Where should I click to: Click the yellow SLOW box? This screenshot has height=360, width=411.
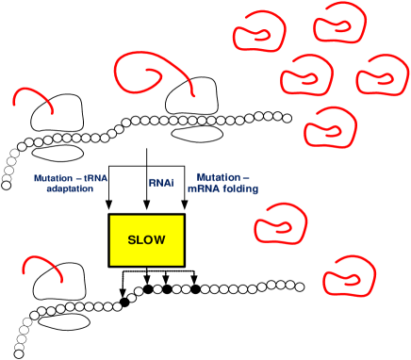(146, 239)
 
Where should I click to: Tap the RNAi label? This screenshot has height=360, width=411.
(161, 182)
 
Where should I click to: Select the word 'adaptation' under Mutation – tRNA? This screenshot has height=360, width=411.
(70, 188)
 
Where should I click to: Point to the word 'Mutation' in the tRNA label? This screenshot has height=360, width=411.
(55, 177)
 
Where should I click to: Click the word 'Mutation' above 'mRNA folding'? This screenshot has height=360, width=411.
(222, 176)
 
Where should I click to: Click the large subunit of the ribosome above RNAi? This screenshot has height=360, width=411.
(194, 102)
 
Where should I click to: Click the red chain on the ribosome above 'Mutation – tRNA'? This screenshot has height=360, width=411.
(32, 95)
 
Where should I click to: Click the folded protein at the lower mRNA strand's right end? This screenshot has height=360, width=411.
(345, 281)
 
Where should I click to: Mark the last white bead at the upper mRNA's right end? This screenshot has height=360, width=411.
(288, 118)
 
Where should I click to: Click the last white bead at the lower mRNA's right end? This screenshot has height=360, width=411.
(301, 286)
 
